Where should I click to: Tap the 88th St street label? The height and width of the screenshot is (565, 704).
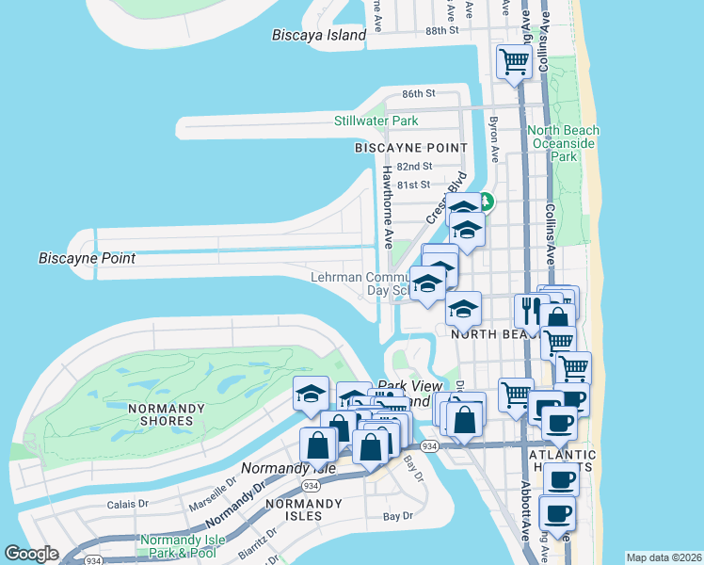point(441,30)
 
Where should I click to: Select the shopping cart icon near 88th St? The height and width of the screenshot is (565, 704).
point(514,62)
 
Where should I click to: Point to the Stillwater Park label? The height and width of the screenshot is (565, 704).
point(376,121)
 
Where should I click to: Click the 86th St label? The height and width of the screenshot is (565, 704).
point(419,94)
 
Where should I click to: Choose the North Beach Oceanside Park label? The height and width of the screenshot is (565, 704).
point(563,143)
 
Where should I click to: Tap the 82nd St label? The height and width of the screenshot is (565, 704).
point(414,166)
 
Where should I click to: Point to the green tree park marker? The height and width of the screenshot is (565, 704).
point(486,201)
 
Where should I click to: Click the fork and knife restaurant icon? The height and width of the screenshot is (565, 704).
point(529,309)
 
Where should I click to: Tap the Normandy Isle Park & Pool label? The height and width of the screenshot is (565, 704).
point(183,546)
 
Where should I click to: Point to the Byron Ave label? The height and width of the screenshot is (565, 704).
point(493,137)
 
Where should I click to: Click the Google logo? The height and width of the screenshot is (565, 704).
point(32,554)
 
